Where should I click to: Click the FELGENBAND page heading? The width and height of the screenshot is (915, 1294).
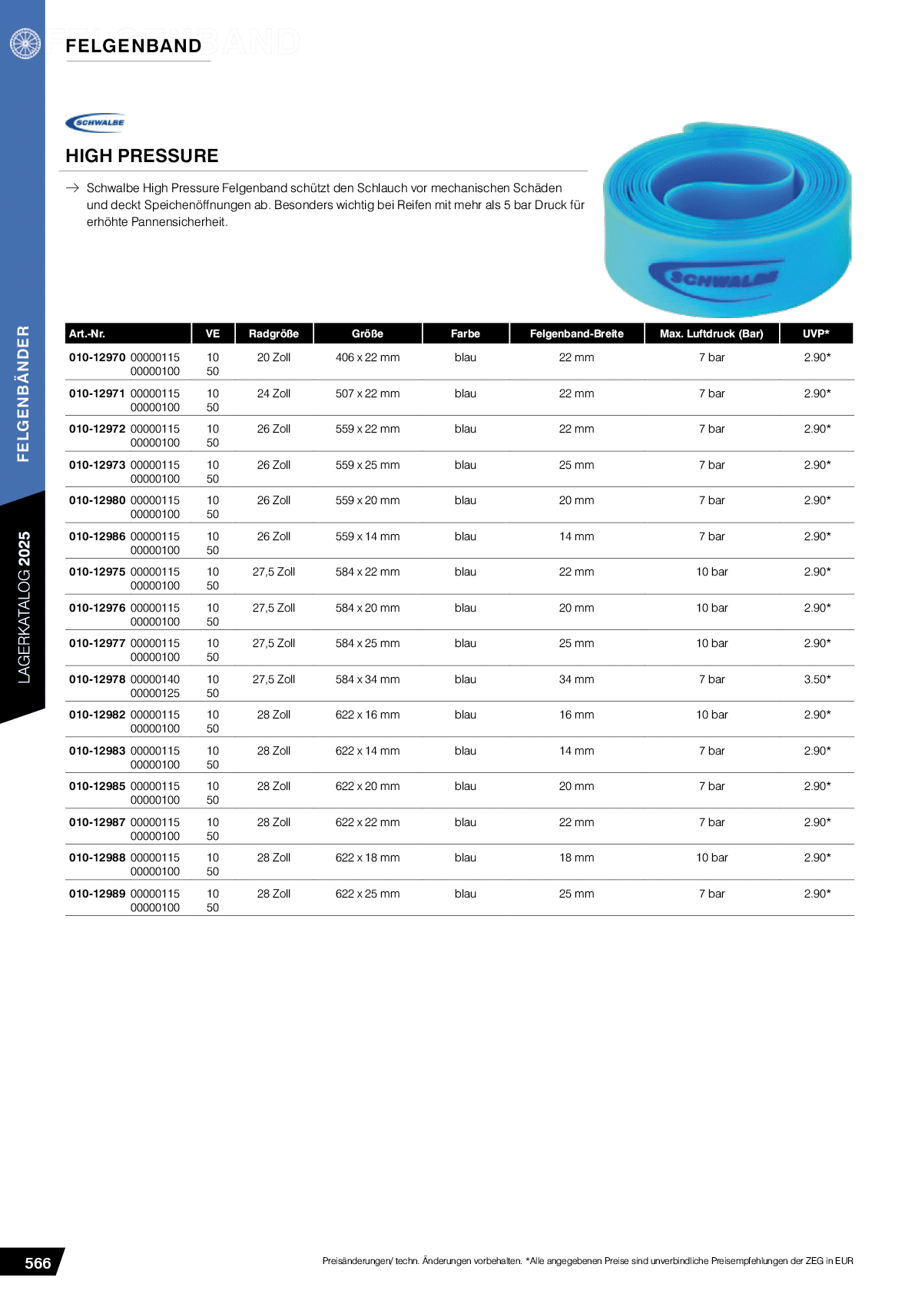click(x=134, y=46)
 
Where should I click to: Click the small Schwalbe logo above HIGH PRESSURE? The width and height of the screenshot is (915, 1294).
click(x=96, y=122)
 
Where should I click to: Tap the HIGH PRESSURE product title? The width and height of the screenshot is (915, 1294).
click(x=142, y=156)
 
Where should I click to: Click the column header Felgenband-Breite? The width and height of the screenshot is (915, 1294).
click(x=576, y=333)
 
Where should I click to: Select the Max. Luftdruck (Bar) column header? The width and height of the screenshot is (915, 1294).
click(x=711, y=333)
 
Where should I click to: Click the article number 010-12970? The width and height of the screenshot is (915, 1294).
click(x=98, y=357)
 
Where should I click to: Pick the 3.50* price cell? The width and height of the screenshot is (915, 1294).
click(x=817, y=679)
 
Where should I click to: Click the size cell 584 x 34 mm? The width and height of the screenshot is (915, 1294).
click(x=367, y=679)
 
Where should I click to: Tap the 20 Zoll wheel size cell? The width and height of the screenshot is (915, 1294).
click(x=274, y=357)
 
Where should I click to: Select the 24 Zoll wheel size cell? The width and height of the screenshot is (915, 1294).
click(x=274, y=393)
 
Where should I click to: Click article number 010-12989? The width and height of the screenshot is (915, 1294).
click(x=98, y=894)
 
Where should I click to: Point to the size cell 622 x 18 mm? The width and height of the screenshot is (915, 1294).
click(x=367, y=858)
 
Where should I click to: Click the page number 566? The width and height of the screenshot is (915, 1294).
click(x=38, y=1263)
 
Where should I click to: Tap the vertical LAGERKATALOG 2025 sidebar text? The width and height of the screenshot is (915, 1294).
click(x=24, y=607)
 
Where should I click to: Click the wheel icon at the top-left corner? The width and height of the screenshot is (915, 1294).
click(x=25, y=43)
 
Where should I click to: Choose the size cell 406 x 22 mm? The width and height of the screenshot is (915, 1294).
click(x=367, y=357)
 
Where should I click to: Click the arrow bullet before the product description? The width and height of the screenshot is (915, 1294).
click(x=73, y=187)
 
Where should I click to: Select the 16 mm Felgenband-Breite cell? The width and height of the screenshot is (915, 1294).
click(x=576, y=715)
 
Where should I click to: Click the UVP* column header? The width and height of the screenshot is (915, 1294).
click(x=816, y=333)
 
